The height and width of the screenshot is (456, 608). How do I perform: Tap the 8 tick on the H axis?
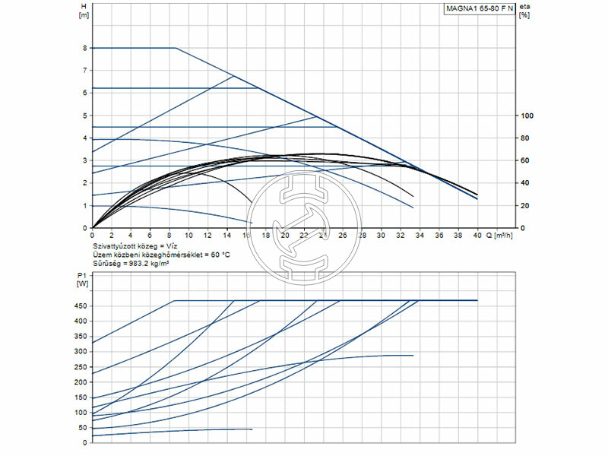(84, 48)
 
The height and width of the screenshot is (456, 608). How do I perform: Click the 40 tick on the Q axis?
(477, 236)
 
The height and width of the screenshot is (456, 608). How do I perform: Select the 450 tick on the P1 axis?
(81, 306)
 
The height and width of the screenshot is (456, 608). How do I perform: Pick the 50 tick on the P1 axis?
(82, 428)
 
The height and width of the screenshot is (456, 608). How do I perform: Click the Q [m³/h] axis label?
(499, 236)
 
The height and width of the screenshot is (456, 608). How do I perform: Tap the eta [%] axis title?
(524, 11)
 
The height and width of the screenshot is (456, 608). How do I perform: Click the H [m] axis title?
(84, 11)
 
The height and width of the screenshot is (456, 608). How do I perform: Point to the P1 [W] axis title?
(83, 278)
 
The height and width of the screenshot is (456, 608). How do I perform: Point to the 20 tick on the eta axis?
(524, 205)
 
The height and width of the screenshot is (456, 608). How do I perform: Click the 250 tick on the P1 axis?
(81, 367)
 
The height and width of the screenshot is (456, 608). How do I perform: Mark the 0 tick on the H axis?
(84, 227)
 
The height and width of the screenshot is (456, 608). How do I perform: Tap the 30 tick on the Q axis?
(381, 236)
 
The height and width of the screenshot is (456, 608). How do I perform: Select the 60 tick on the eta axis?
(524, 160)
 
